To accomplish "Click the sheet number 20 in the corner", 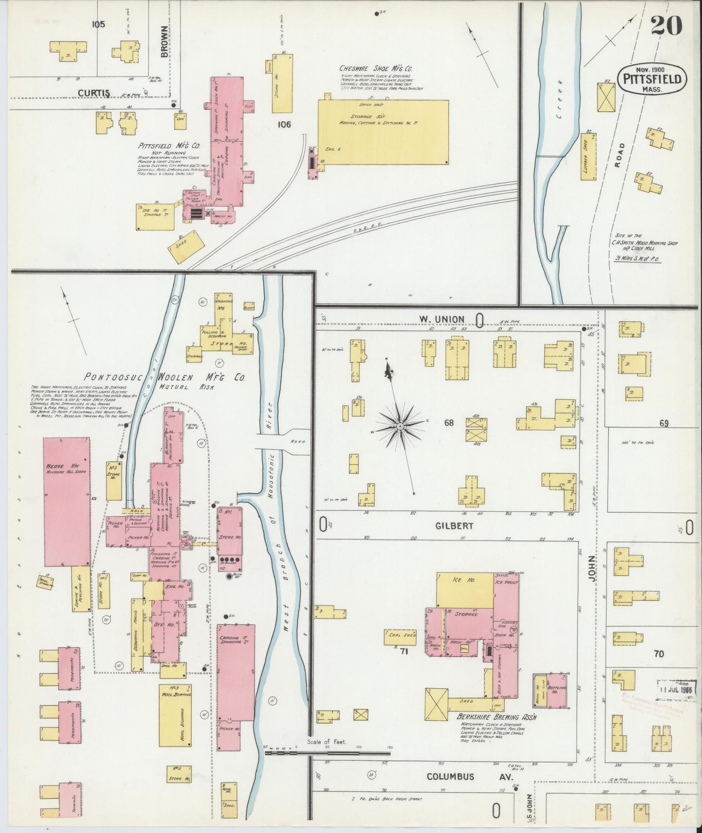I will (x=666, y=25).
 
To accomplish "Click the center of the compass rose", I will (x=399, y=426).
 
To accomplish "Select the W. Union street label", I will (x=442, y=319).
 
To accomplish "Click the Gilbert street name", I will (x=447, y=525).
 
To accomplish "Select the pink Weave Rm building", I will (x=67, y=501).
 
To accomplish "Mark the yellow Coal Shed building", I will (x=400, y=637).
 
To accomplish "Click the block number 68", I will (x=448, y=423).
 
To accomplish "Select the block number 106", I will (x=284, y=124).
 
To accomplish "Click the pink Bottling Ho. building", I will (x=557, y=690).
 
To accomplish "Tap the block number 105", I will (x=98, y=24).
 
